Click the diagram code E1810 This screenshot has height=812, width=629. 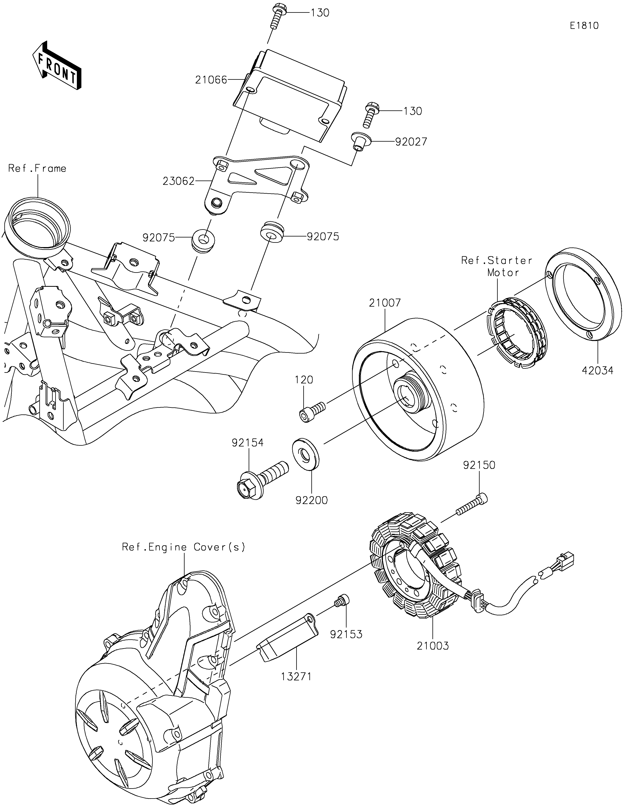[x=584, y=26]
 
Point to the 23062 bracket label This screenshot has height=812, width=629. [x=178, y=181]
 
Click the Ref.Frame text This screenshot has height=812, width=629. [x=37, y=168]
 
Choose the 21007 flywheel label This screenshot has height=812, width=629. [x=385, y=303]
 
